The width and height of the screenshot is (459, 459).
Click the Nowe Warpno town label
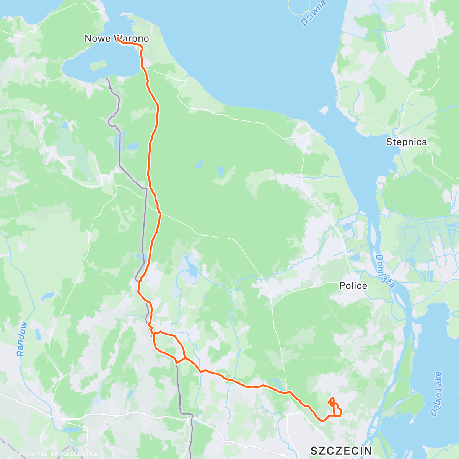tap(116, 39)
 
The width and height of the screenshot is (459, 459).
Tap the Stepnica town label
tap(406, 142)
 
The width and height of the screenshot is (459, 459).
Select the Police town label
tap(353, 286)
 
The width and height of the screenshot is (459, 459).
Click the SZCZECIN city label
tap(341, 451)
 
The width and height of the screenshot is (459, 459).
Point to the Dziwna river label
tap(313, 13)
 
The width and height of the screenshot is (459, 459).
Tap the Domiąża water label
tap(385, 271)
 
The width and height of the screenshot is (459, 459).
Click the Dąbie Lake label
tap(436, 394)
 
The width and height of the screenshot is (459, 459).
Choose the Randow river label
tap(23, 339)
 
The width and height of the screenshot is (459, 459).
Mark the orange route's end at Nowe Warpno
tap(118, 39)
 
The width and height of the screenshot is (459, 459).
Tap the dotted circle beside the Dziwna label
tap(299, 7)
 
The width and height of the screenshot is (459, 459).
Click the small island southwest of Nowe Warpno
tap(98, 66)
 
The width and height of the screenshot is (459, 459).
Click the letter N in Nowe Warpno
tap(88, 39)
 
